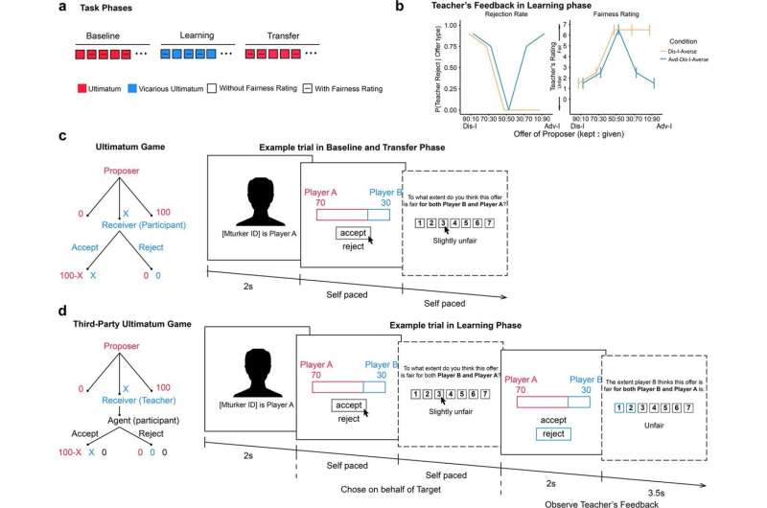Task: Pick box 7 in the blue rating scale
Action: click(705, 406)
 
